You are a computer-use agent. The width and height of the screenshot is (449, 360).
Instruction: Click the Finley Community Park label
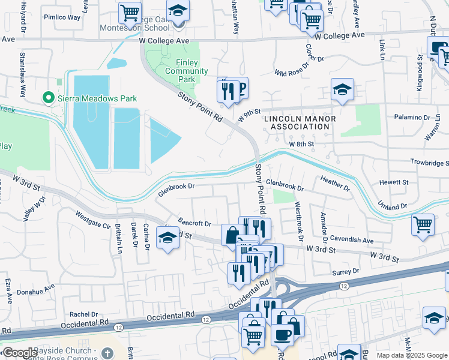tap(187, 71)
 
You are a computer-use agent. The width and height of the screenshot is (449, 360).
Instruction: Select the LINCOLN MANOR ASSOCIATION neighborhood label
tap(300, 122)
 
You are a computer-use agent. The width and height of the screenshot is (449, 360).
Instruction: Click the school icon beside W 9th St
tap(342, 90)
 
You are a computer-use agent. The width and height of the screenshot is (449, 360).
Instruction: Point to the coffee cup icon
tap(281, 334)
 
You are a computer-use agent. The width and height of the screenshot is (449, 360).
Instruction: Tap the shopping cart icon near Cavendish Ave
tap(423, 224)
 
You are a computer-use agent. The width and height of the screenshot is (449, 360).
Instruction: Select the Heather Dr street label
tap(335, 183)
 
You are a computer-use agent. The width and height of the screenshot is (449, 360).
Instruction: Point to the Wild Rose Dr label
tap(291, 72)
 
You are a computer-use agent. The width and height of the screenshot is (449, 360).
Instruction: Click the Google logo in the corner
tap(20, 353)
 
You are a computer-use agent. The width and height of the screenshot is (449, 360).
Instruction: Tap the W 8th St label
tap(301, 144)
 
